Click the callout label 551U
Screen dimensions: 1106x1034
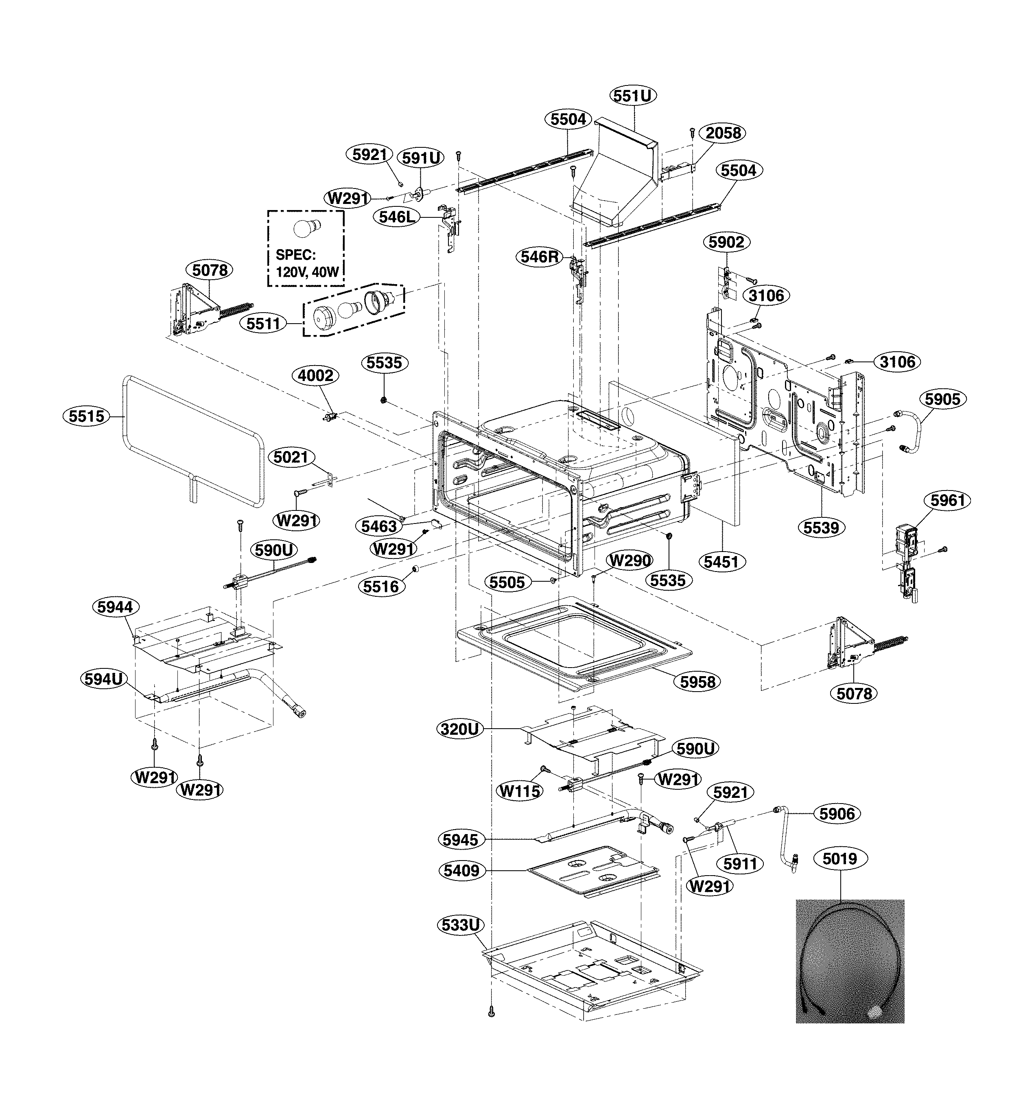(632, 96)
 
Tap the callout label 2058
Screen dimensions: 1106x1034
(723, 133)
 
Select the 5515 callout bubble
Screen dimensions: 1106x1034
(87, 416)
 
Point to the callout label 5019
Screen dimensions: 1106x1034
(840, 859)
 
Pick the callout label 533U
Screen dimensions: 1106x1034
(460, 925)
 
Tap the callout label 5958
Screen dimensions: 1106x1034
(697, 681)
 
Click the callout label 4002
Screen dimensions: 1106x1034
(315, 376)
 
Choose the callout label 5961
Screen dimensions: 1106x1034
(947, 501)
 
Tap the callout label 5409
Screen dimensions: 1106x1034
(461, 871)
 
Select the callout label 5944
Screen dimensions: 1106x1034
(115, 607)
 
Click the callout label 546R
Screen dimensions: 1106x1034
(538, 257)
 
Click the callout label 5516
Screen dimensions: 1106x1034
(381, 587)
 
